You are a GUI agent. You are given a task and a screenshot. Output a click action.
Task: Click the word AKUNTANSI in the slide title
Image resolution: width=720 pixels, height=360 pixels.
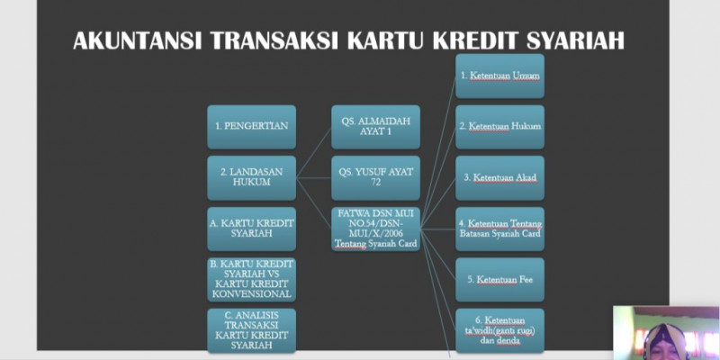[138, 40]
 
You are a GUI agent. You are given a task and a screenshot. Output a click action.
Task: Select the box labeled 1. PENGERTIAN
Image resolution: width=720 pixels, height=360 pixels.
[252, 127]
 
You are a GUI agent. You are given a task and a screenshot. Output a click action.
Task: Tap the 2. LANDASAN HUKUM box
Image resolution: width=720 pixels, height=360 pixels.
[252, 177]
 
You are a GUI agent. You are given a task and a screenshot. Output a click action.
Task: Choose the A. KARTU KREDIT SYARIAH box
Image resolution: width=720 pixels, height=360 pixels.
[252, 229]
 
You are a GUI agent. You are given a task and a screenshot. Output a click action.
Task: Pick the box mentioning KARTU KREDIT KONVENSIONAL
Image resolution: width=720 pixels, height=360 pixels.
[252, 279]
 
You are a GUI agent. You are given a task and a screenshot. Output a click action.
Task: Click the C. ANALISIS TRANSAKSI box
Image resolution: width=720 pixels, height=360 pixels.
[252, 330]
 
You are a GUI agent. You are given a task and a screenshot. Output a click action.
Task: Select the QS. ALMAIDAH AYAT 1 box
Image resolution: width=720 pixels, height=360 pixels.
[375, 127]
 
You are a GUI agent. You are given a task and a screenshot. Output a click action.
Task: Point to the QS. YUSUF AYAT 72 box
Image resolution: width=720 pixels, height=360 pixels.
[375, 177]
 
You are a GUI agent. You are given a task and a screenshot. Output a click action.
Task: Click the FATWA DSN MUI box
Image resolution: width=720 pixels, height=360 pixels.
[375, 229]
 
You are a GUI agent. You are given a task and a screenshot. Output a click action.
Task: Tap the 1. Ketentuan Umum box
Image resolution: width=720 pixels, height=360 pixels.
[499, 76]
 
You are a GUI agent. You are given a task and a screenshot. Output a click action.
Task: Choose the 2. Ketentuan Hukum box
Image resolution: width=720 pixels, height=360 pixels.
[499, 127]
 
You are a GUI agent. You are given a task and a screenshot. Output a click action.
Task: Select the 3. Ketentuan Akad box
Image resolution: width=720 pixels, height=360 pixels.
[499, 177]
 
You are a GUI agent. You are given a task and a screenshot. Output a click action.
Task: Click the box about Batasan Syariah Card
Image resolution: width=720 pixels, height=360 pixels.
[499, 229]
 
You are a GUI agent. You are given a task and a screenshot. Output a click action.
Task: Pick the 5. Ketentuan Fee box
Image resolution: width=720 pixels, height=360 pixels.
[499, 279]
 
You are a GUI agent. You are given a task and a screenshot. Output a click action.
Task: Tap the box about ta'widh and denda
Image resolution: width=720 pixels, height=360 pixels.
[499, 330]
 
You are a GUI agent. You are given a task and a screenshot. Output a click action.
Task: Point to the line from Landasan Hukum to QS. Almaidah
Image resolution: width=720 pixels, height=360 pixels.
[313, 152]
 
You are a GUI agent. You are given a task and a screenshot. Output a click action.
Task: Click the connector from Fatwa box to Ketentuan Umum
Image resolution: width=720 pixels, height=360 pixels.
[438, 152]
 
